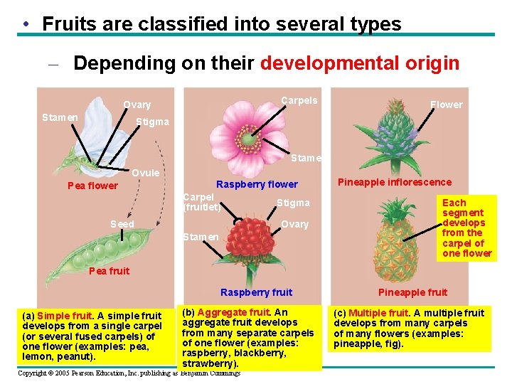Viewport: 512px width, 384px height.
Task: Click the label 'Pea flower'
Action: (92, 186)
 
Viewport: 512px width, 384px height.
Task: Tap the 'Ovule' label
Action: (146, 173)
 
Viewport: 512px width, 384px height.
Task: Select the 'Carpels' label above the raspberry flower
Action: (299, 100)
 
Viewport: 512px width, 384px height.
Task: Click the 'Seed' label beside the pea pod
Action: (122, 224)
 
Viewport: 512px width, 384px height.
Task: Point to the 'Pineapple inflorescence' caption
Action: (394, 182)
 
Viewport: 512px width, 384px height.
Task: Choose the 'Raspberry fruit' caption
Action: (256, 292)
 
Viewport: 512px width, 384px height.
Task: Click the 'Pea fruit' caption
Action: (110, 271)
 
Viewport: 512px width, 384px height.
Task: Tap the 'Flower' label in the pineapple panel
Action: (446, 105)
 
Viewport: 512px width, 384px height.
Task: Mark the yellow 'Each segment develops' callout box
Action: (466, 228)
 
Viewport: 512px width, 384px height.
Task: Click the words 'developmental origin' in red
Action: (360, 63)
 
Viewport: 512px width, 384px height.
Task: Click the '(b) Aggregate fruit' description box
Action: (248, 338)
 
